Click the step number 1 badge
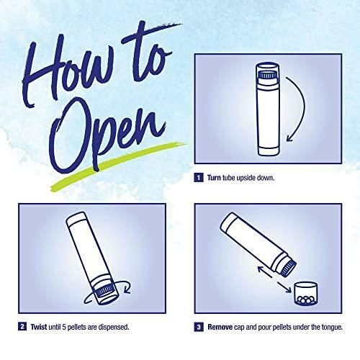(199, 178)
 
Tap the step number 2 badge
(22, 327)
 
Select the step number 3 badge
(199, 327)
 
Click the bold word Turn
(214, 178)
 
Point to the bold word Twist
(39, 327)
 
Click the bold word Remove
(220, 327)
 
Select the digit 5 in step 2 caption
(64, 327)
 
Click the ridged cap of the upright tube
(267, 76)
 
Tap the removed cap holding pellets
(305, 294)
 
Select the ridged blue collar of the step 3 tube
(288, 268)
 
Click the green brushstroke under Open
(117, 166)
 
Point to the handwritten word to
(149, 53)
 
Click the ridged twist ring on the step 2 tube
(104, 291)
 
